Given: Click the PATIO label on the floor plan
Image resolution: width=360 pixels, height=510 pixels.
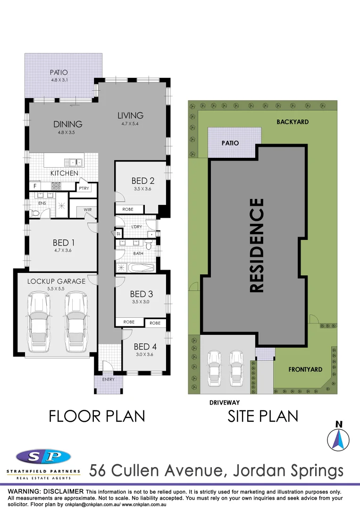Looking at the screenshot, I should [59, 73].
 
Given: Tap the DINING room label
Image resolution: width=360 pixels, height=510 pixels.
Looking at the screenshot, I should [67, 124].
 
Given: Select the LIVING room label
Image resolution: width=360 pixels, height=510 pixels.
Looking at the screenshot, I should [130, 115].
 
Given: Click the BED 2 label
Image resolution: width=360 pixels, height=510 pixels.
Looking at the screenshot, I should [143, 180].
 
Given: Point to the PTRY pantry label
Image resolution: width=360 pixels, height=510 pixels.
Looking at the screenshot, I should [84, 188].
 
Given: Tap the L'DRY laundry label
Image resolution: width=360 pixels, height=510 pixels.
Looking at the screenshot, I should [136, 227].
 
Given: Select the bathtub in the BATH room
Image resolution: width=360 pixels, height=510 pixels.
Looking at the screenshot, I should [142, 268].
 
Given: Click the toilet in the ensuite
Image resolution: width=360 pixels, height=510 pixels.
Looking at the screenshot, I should [34, 214].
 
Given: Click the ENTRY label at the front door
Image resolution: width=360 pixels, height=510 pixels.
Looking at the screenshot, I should [108, 379].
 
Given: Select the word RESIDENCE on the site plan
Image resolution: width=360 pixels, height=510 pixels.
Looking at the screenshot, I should [256, 245].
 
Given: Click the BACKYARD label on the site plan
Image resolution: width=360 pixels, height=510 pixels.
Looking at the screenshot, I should [293, 122].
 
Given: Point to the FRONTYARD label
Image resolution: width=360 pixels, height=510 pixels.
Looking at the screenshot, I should [305, 370].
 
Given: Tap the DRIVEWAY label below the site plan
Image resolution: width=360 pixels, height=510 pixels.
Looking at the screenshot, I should [225, 403].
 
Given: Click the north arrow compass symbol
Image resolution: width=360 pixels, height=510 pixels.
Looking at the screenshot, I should [338, 438].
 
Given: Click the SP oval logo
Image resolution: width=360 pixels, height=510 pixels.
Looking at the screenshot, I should [43, 457].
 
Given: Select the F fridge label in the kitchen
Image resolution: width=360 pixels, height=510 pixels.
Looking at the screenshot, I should [34, 186].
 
